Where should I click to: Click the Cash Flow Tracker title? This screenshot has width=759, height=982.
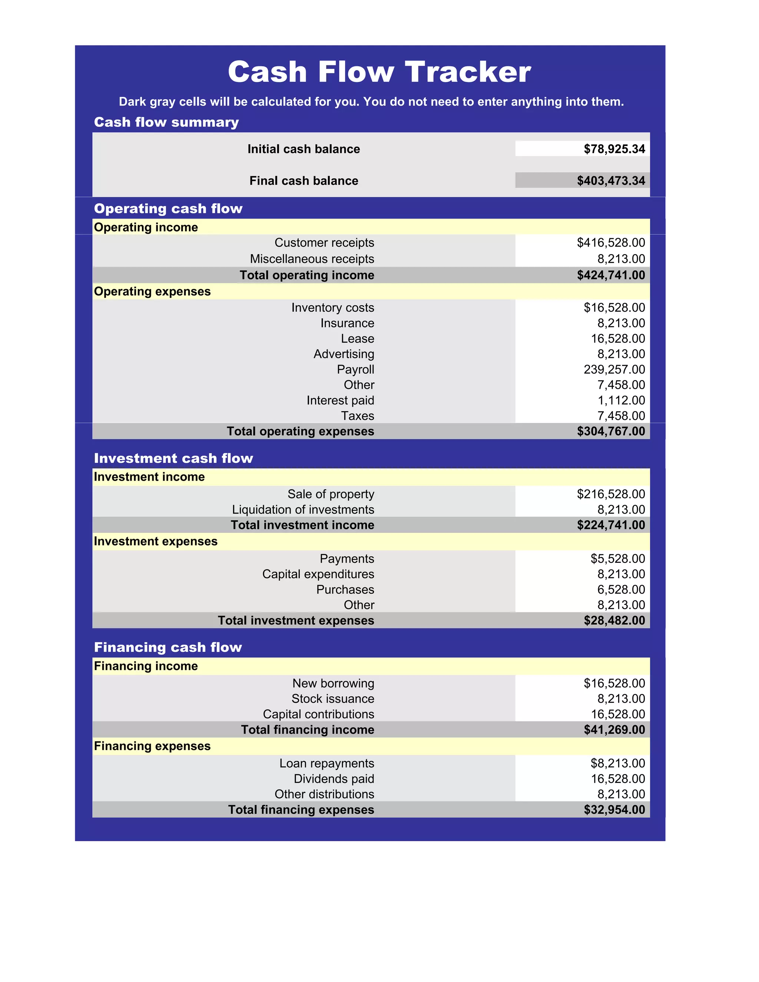(x=379, y=72)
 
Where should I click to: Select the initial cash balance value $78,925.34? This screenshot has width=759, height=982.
(x=614, y=149)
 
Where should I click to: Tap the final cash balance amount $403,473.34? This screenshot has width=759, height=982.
(x=611, y=181)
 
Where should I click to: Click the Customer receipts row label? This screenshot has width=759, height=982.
(x=324, y=243)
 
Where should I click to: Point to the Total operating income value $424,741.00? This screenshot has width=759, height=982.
(x=611, y=275)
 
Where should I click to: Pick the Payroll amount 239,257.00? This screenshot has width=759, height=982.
(x=614, y=369)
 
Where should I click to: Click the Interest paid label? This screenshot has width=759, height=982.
(x=340, y=401)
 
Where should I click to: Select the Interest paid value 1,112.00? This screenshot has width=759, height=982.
(x=621, y=401)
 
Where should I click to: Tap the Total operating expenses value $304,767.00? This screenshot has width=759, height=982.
(x=611, y=432)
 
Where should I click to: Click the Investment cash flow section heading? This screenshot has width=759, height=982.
(x=173, y=458)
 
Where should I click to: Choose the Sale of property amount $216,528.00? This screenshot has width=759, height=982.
(x=611, y=494)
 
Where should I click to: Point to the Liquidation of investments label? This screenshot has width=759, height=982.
(x=303, y=510)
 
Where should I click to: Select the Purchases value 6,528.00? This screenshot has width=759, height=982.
(x=621, y=590)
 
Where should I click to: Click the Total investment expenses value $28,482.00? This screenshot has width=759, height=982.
(x=614, y=621)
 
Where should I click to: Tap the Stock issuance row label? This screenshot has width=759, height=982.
(x=332, y=699)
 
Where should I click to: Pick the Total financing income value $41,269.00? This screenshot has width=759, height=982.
(x=614, y=730)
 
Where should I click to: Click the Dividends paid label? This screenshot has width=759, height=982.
(x=334, y=779)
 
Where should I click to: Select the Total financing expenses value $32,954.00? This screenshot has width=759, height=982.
(x=614, y=810)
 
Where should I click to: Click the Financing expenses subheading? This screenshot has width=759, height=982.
(x=152, y=746)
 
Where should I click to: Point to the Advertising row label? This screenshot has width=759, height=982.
(x=344, y=354)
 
